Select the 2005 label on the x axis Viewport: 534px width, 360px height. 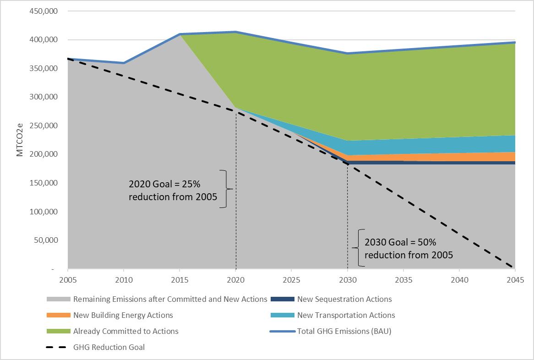68,279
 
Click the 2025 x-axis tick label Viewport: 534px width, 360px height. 291,279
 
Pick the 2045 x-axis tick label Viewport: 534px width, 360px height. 515,279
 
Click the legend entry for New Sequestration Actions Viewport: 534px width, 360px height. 344,299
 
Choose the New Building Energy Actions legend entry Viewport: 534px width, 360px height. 123,315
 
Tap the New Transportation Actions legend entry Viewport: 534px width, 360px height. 346,315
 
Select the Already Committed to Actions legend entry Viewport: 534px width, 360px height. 125,331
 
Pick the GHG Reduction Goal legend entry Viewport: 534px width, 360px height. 109,347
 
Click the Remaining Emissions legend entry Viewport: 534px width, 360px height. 169,299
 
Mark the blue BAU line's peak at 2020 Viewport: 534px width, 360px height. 235,32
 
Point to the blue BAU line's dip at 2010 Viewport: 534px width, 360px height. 124,63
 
